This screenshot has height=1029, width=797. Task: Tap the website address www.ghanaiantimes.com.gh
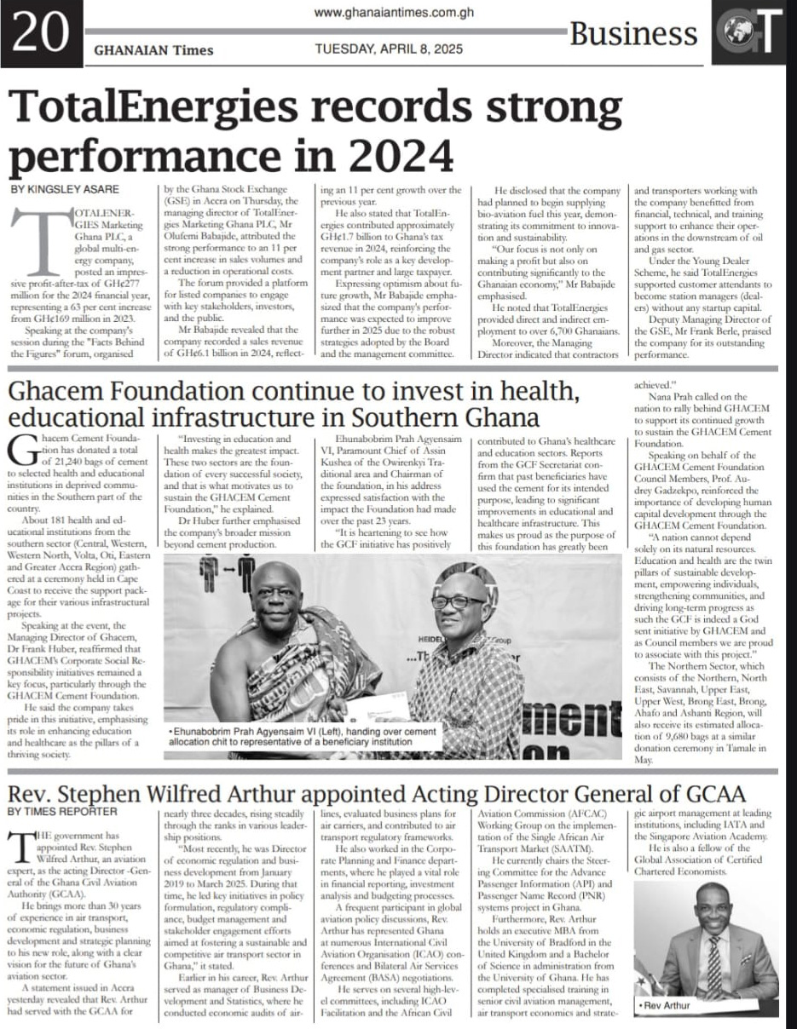394,13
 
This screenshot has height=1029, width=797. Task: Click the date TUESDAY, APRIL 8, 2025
389,49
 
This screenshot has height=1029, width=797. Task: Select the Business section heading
633,34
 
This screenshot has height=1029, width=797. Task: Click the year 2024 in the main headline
389,155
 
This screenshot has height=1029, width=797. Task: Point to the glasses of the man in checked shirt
459,601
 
